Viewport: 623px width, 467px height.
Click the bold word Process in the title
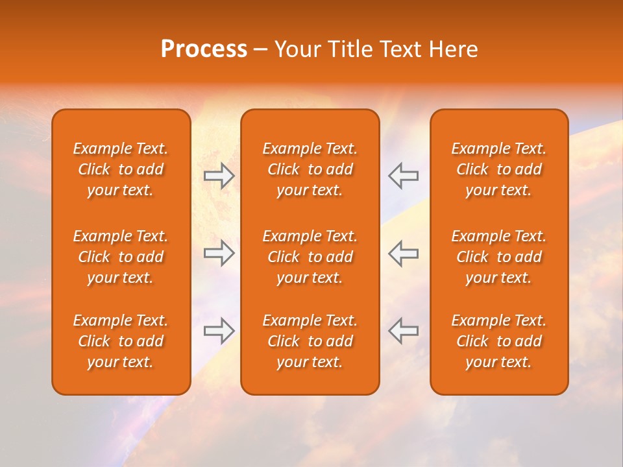(204, 49)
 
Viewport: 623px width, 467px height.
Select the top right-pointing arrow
(219, 176)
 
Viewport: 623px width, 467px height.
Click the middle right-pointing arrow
(219, 253)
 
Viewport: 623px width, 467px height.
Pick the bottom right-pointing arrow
(219, 330)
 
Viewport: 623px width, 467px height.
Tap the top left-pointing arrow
(403, 176)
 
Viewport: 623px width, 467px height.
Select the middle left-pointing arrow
(403, 253)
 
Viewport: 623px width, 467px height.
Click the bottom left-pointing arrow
(403, 330)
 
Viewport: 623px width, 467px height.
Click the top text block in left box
(121, 169)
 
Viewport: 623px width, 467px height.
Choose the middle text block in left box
(121, 257)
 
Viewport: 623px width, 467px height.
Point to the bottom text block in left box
(121, 341)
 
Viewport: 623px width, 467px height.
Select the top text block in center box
(310, 169)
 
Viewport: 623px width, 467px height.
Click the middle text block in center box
(310, 257)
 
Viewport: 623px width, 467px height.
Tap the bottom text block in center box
(310, 341)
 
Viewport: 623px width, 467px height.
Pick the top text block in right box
(499, 169)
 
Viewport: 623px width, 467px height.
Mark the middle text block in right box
(499, 257)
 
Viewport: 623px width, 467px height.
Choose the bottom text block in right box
(499, 341)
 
